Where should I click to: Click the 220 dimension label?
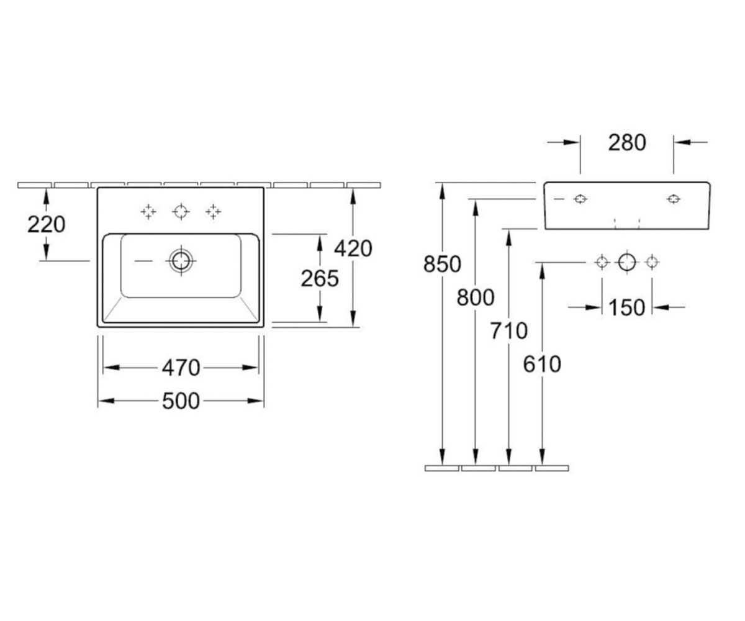click(x=47, y=224)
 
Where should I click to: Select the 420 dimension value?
click(x=353, y=248)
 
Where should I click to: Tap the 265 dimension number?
click(x=320, y=278)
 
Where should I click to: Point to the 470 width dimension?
click(x=181, y=368)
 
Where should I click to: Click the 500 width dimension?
click(x=181, y=401)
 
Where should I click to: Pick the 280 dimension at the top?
click(x=627, y=142)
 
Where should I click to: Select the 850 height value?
click(x=442, y=264)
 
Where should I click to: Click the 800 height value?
click(x=476, y=297)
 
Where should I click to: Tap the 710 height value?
click(x=509, y=330)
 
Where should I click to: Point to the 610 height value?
click(x=542, y=364)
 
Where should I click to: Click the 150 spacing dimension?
click(x=627, y=307)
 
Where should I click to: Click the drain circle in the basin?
click(x=181, y=261)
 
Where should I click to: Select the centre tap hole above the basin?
click(x=181, y=212)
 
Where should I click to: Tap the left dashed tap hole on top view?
click(x=148, y=212)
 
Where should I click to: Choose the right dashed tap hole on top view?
click(x=213, y=212)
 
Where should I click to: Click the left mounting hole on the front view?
click(x=580, y=199)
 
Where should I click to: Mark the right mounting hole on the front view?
click(x=673, y=199)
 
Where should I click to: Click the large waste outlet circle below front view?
click(x=627, y=262)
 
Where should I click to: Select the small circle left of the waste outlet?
click(x=602, y=262)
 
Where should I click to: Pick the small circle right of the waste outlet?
click(x=652, y=262)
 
